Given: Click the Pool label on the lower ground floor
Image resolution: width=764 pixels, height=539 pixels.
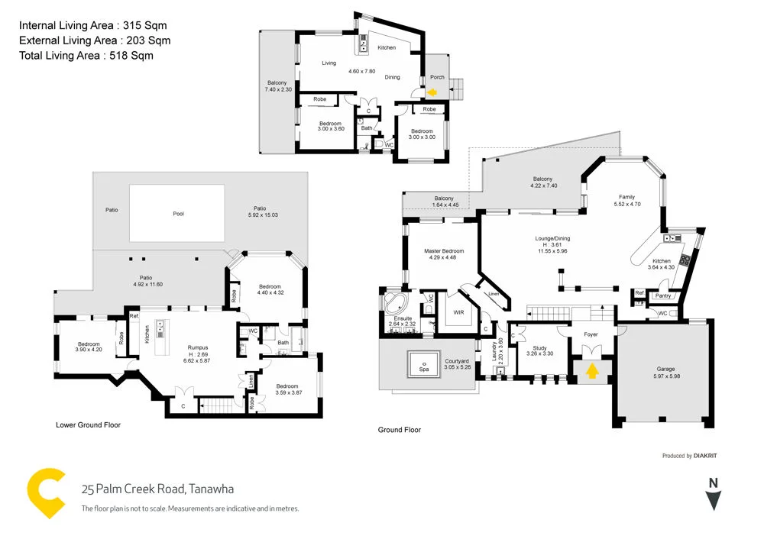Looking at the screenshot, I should click(178, 214).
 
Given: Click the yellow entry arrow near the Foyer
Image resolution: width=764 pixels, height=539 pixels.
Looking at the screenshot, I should click(592, 371).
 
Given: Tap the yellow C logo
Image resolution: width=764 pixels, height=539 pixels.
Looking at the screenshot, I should click(46, 495).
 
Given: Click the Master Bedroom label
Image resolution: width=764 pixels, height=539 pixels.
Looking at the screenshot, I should click(444, 251).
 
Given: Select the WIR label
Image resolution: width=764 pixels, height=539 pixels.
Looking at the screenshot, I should click(458, 312).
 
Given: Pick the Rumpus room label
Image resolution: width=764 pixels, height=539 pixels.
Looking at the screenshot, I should click(199, 347).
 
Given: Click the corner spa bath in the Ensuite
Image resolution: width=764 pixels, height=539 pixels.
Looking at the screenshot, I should click(394, 303).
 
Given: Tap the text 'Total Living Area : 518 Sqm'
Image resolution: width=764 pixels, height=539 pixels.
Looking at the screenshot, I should click(86, 55).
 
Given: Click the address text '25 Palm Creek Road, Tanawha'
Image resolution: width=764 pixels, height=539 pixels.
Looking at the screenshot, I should click(157, 489).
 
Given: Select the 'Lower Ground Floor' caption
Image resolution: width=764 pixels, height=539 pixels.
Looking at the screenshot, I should click(88, 424).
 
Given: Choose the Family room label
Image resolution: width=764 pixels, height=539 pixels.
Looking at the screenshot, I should click(627, 197).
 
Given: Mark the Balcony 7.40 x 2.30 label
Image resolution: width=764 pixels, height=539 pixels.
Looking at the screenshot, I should click(277, 86).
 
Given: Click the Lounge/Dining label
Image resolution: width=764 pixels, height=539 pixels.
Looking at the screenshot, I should click(552, 239).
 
